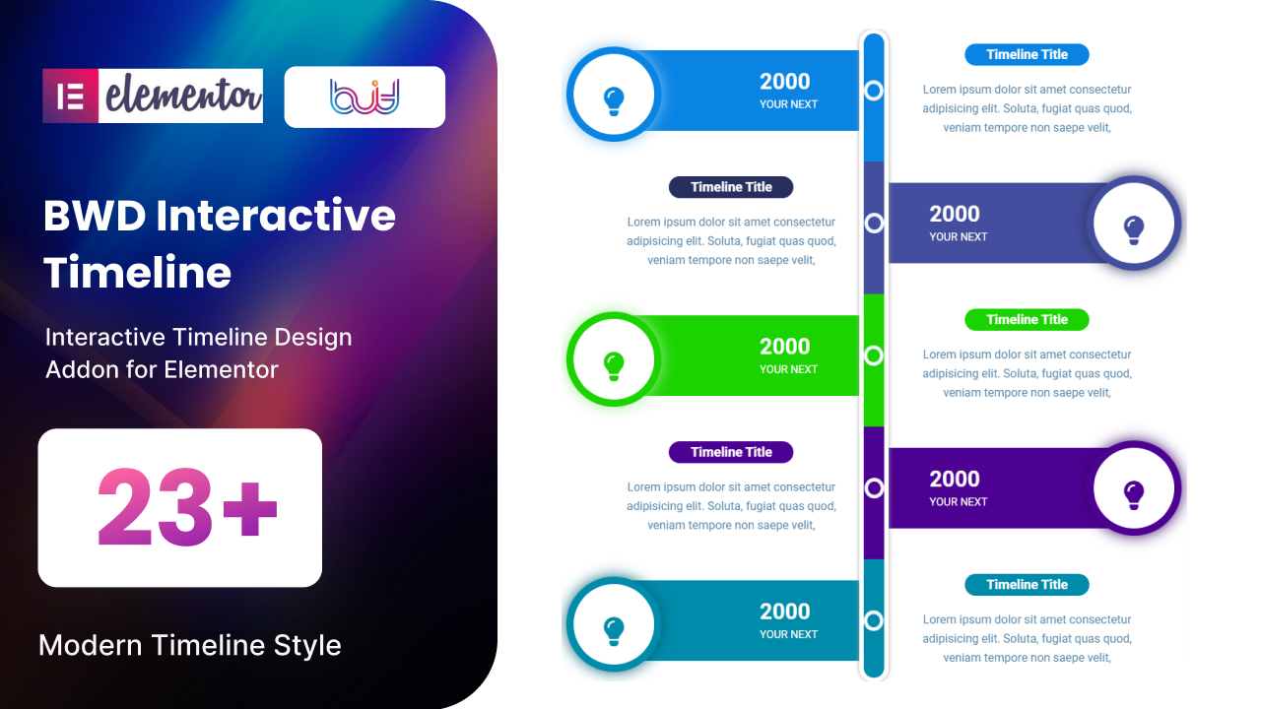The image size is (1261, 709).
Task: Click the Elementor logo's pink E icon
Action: [70, 96]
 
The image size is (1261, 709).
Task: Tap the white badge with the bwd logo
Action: [365, 97]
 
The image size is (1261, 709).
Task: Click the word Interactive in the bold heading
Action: [276, 216]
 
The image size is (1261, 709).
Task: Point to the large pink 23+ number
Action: [187, 507]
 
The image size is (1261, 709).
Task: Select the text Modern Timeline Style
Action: [190, 645]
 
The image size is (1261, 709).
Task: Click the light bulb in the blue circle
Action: [614, 101]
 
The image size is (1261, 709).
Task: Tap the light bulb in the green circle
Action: [614, 366]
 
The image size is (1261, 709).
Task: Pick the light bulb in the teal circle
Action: [614, 631]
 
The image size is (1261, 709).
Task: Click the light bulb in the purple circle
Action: [1134, 495]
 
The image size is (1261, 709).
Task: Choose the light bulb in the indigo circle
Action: [1134, 230]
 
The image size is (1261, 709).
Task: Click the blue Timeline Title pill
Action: [1027, 54]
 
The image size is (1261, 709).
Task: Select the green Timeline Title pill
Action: [1027, 320]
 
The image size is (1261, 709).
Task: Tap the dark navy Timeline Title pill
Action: [731, 187]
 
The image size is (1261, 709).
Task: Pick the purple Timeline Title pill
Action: [731, 452]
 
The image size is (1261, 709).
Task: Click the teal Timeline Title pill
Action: [1027, 585]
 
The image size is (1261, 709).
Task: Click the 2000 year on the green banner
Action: [785, 347]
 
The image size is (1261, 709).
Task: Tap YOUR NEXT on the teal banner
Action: [788, 634]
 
